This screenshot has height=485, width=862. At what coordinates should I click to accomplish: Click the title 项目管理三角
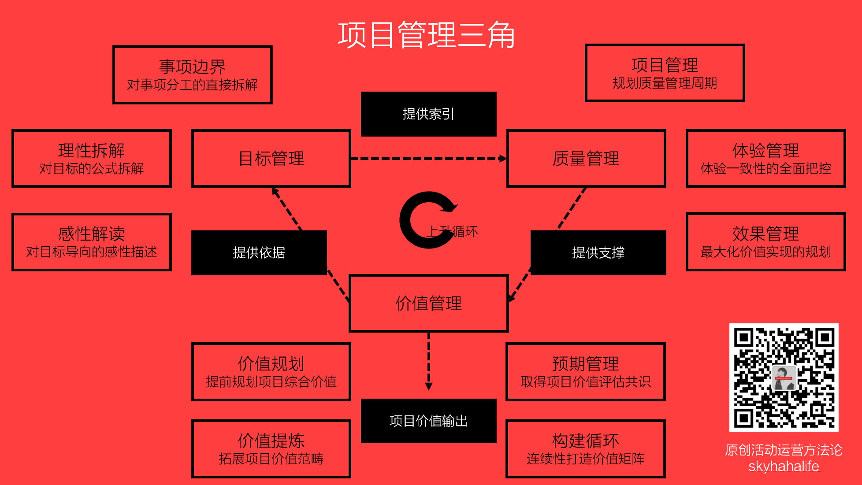coord(426,35)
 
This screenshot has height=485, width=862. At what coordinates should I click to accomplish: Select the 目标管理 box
coord(271,159)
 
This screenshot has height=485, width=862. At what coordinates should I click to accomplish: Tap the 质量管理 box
coord(586,159)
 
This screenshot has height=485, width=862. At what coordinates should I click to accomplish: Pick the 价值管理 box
coord(428,303)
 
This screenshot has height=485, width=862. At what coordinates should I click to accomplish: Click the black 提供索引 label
coord(428,114)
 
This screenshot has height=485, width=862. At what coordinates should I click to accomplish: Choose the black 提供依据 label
coord(259,252)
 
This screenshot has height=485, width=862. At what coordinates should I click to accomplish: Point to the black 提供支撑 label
coord(598,252)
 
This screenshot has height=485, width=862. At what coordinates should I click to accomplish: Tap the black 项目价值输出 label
coord(428,421)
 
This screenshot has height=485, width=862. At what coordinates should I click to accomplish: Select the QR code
coord(784,378)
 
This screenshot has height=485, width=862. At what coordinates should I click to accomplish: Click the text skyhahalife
coord(784,466)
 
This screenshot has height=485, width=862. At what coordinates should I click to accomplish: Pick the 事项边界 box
coord(193,75)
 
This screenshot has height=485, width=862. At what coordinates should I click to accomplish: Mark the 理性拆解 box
coord(91,159)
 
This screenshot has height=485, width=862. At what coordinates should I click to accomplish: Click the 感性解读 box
coord(91,242)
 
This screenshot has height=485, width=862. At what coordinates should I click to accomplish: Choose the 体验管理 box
coord(765,159)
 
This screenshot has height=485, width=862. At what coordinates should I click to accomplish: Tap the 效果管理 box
coord(765,242)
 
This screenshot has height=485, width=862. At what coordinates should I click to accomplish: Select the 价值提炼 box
coord(271,448)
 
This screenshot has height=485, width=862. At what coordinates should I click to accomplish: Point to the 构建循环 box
coord(585,448)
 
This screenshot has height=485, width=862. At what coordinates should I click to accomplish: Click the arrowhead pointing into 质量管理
coord(502,159)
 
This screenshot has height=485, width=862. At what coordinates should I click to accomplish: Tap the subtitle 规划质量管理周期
coord(665,83)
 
